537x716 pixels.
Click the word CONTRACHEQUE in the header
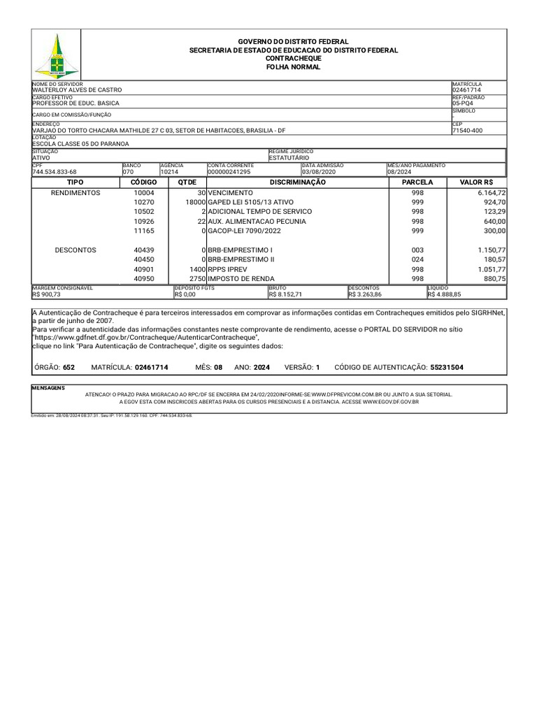(294, 59)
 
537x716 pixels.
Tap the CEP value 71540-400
(467, 131)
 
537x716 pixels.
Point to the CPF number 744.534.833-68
(55, 171)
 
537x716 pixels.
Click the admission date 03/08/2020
(320, 171)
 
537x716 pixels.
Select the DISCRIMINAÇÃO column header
(298, 182)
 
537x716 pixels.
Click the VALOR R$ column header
(476, 182)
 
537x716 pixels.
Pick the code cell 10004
(144, 193)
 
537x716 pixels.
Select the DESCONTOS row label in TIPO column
(76, 250)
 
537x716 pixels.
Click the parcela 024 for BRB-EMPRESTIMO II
(417, 259)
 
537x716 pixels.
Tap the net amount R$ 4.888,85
(444, 295)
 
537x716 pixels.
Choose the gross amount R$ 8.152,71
(285, 295)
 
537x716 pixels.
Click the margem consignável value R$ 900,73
(47, 295)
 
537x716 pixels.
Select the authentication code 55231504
(446, 367)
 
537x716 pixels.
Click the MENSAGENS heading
(48, 387)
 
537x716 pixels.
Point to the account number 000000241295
(229, 171)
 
